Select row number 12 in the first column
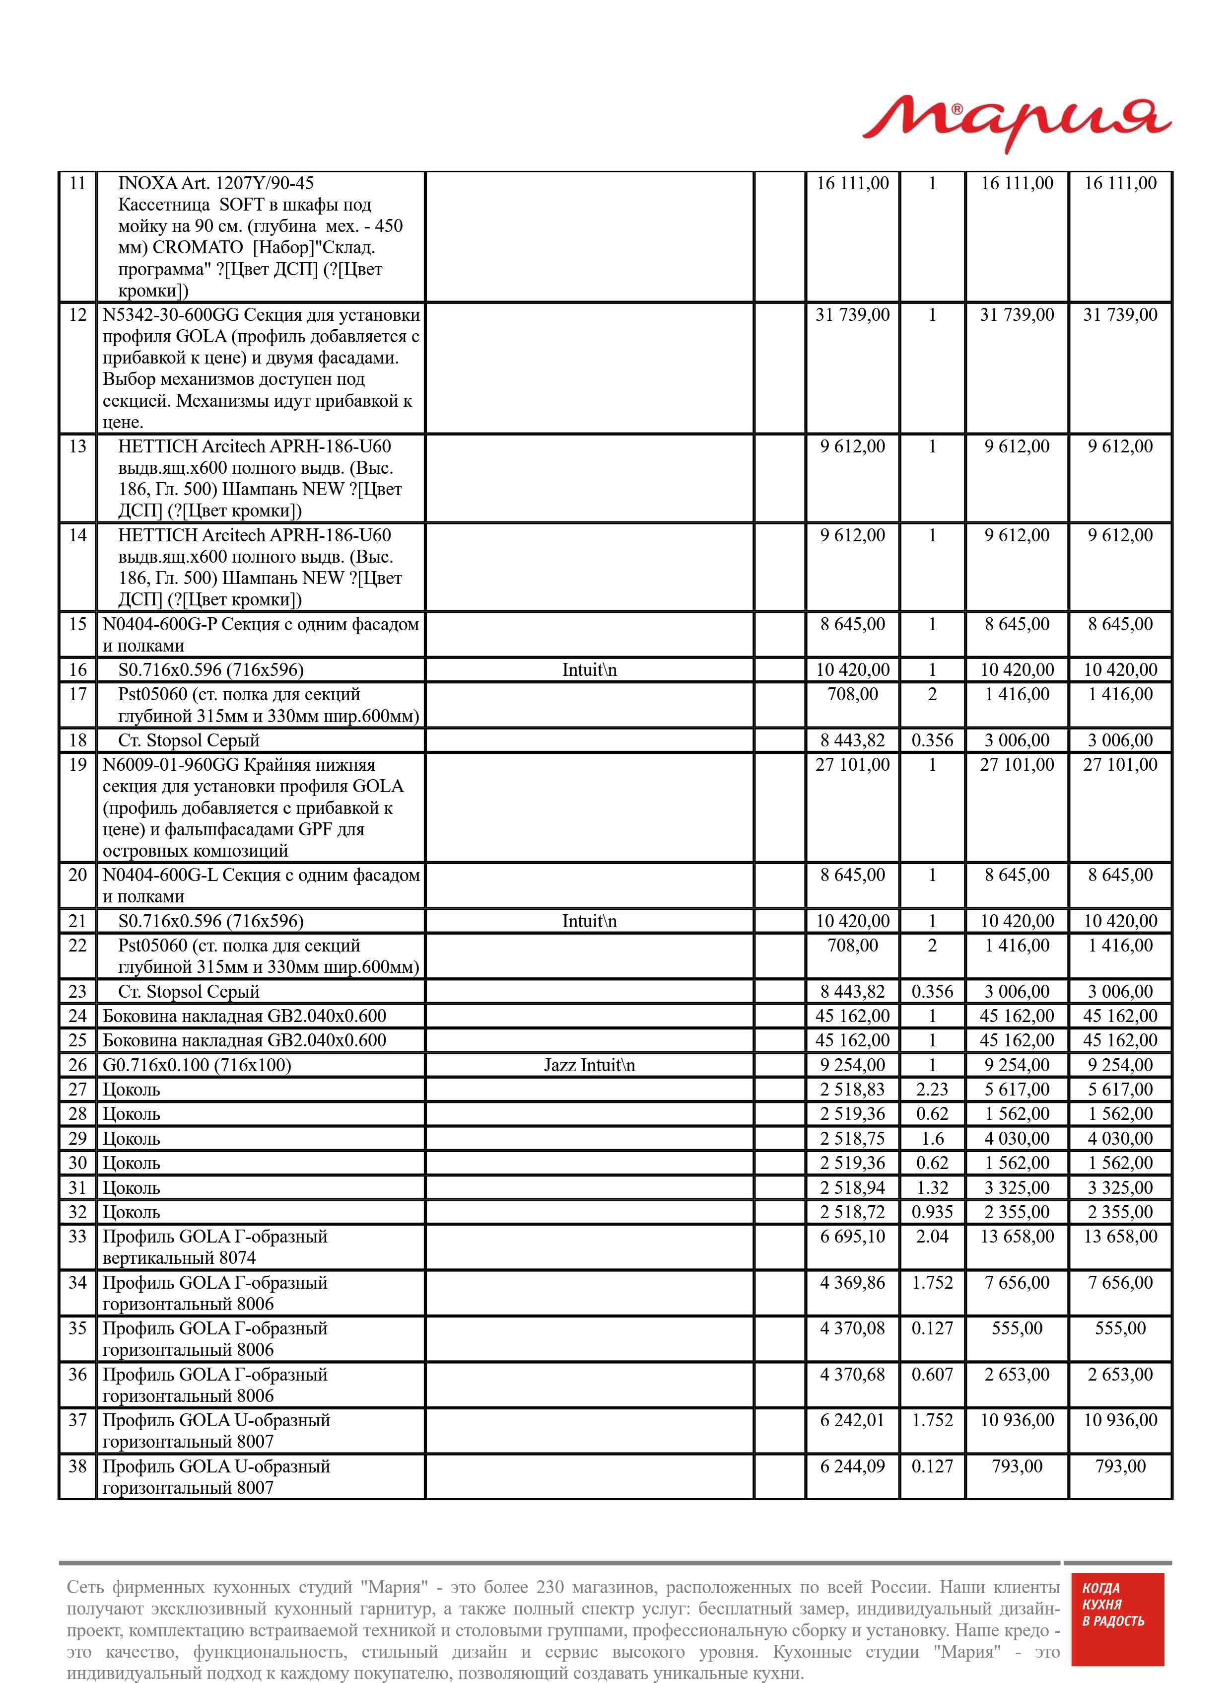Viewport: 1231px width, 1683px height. pyautogui.click(x=77, y=314)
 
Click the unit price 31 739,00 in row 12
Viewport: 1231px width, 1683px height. pyautogui.click(x=852, y=314)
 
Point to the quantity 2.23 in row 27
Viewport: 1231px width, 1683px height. pyautogui.click(x=932, y=1089)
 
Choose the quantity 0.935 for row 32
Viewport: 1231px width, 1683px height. pyautogui.click(x=932, y=1211)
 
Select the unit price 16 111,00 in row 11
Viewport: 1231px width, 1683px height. pyautogui.click(x=852, y=183)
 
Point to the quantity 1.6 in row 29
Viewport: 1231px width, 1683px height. pyautogui.click(x=932, y=1138)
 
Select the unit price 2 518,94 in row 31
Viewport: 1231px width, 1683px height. pyautogui.click(x=852, y=1187)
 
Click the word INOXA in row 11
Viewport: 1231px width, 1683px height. pyautogui.click(x=147, y=183)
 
